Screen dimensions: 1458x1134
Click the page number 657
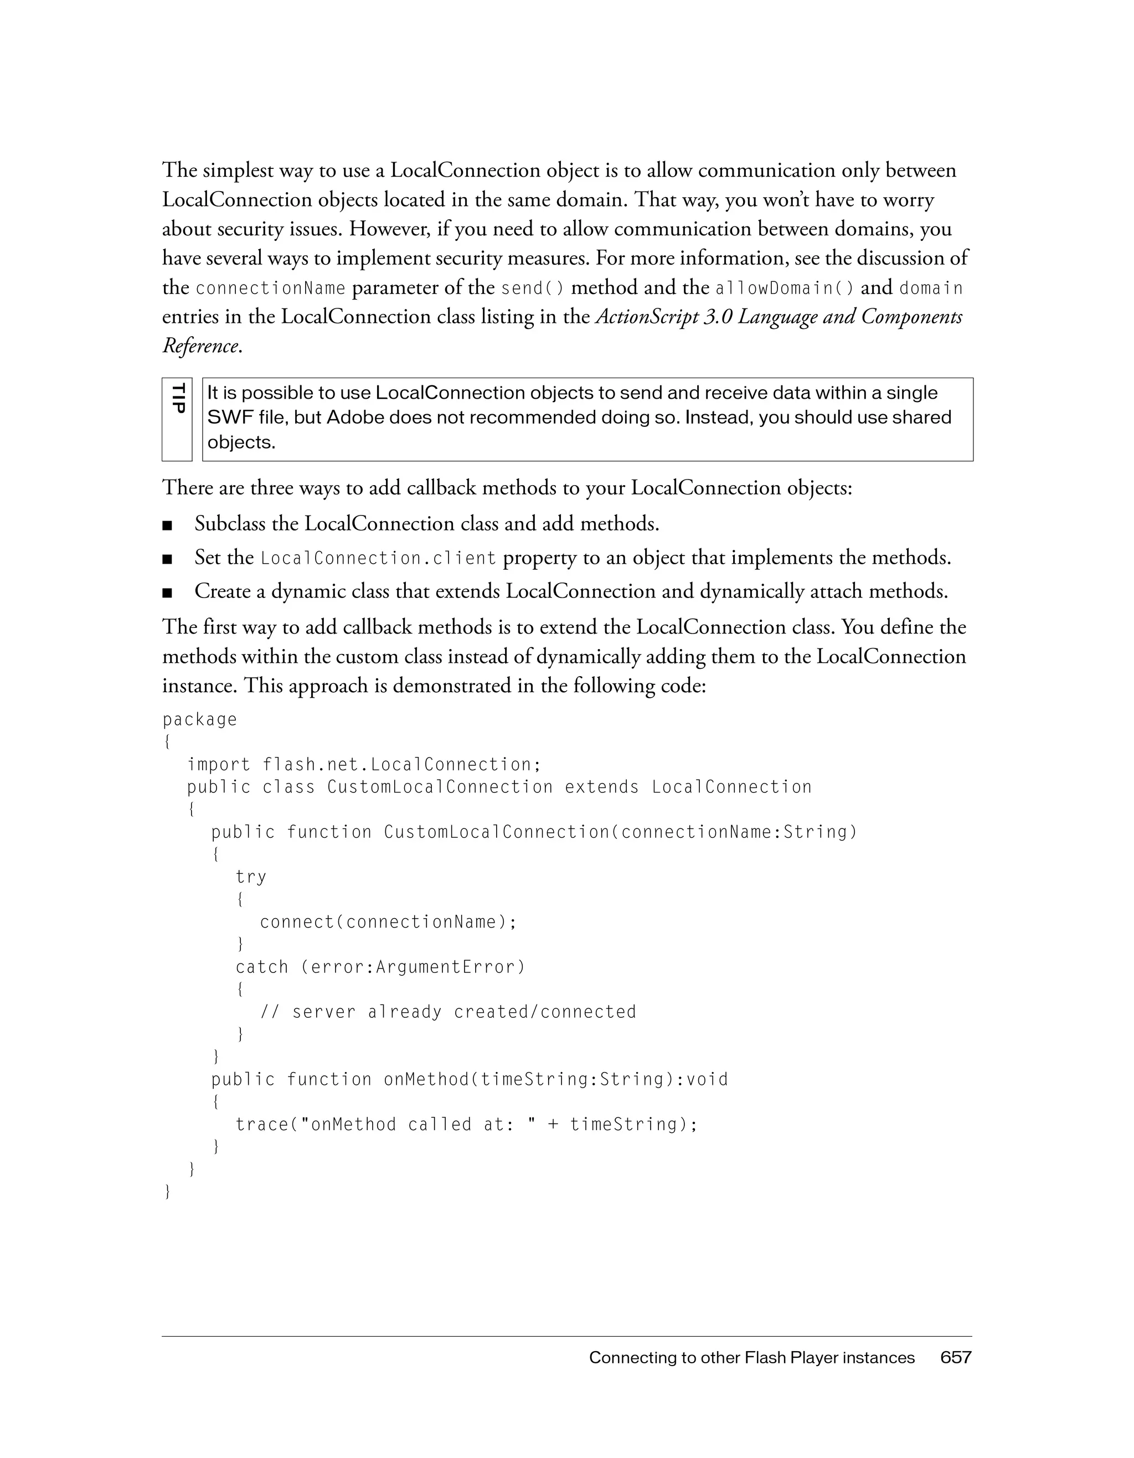[x=955, y=1357]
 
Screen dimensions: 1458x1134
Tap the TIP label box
[x=177, y=419]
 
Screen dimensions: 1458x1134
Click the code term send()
[x=532, y=288]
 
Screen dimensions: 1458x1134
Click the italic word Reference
[x=200, y=346]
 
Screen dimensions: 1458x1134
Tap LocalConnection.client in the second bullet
[x=378, y=558]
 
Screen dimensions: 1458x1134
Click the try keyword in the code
[x=251, y=877]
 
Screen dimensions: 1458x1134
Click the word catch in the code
[x=262, y=967]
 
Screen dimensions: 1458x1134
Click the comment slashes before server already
[x=269, y=1012]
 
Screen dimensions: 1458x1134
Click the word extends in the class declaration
[x=601, y=787]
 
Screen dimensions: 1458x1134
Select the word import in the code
[x=218, y=764]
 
